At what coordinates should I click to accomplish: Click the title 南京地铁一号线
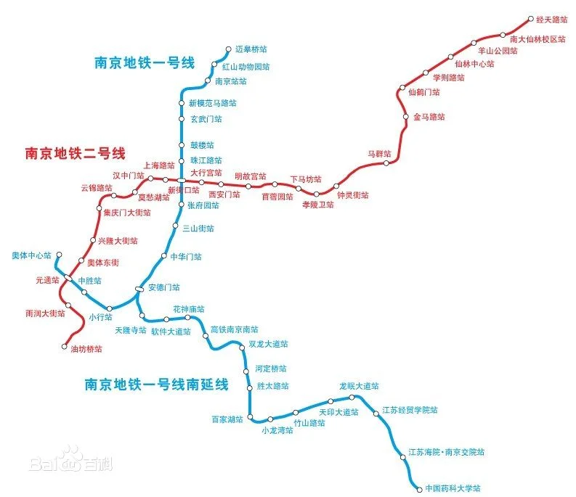(145, 62)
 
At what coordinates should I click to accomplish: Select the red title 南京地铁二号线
(76, 153)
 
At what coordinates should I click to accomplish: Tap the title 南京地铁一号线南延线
(156, 384)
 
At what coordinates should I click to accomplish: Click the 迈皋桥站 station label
(251, 49)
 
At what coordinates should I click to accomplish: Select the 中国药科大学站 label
(453, 488)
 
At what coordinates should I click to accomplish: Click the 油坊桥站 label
(86, 349)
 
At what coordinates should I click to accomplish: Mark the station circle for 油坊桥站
(63, 348)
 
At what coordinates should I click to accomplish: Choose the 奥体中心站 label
(32, 255)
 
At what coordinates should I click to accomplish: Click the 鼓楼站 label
(202, 145)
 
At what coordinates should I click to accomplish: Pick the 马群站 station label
(379, 154)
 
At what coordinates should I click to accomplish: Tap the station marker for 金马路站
(406, 117)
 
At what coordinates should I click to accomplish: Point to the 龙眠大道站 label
(359, 386)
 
